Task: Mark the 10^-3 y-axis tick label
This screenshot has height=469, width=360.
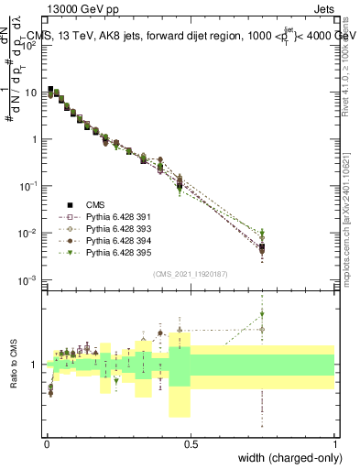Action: [x=29, y=279]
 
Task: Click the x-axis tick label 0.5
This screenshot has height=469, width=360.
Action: [x=191, y=444]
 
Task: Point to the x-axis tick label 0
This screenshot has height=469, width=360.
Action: [x=46, y=444]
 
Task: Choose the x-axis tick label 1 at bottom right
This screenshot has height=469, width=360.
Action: [x=335, y=444]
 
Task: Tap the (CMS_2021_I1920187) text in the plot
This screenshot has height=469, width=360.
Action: [x=191, y=274]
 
